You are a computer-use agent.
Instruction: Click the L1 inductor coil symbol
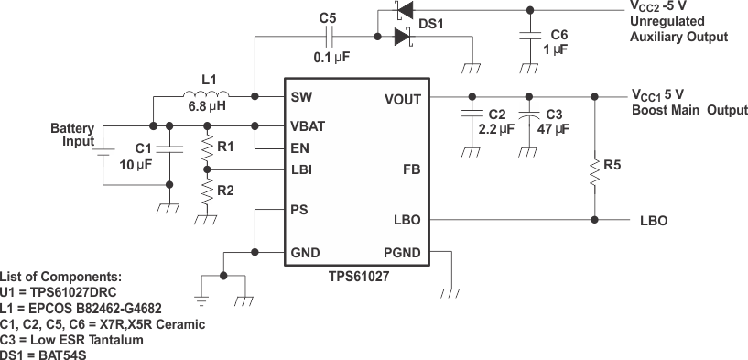coord(206,95)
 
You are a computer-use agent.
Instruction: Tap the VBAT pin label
coord(308,125)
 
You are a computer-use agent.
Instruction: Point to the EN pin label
coord(298,147)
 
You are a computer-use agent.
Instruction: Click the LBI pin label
coord(301,169)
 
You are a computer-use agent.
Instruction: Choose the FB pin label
coord(410,169)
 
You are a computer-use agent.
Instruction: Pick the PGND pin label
coord(400,252)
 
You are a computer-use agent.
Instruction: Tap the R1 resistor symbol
coord(208,147)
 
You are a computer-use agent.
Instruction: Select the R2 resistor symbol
coord(208,191)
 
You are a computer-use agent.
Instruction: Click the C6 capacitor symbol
coord(528,36)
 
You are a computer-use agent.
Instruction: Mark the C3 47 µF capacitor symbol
coord(528,115)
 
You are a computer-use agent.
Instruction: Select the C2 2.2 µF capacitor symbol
coord(471,115)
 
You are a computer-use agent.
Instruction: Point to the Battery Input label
coord(71,136)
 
